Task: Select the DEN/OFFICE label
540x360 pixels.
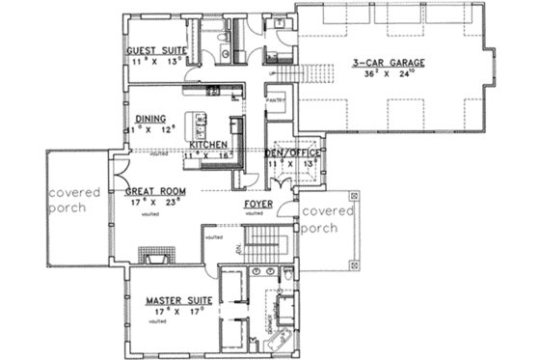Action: [x=294, y=152]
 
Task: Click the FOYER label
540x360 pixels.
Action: [x=257, y=206]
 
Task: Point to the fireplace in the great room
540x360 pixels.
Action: [x=155, y=256]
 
